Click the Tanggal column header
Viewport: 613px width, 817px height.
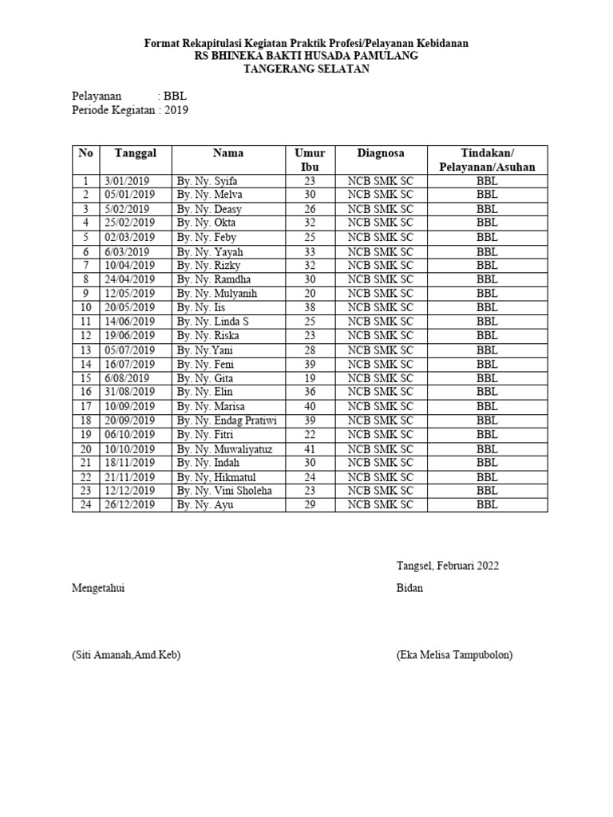(x=135, y=153)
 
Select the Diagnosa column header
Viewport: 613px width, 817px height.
(x=381, y=153)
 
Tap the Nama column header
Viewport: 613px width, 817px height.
(x=227, y=153)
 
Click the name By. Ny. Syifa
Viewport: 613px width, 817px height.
(x=208, y=181)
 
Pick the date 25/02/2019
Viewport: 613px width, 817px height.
(x=130, y=223)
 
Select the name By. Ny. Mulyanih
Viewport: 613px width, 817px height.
(x=217, y=294)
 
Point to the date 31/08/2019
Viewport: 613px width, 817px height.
(x=130, y=392)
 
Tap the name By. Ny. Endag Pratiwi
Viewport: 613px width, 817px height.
(x=226, y=420)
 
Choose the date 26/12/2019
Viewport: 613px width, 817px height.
(x=130, y=505)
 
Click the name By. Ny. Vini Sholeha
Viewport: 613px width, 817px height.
(x=224, y=491)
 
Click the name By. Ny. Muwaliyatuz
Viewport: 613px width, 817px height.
(x=224, y=449)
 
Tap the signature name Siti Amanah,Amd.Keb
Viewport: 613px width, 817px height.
(x=126, y=655)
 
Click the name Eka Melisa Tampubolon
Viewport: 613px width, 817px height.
(x=454, y=655)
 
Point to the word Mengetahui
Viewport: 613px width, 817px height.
(x=99, y=588)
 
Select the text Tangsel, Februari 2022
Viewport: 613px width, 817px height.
(x=447, y=566)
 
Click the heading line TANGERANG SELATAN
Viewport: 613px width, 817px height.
(x=306, y=69)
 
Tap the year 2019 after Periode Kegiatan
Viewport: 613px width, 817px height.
(x=176, y=111)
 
